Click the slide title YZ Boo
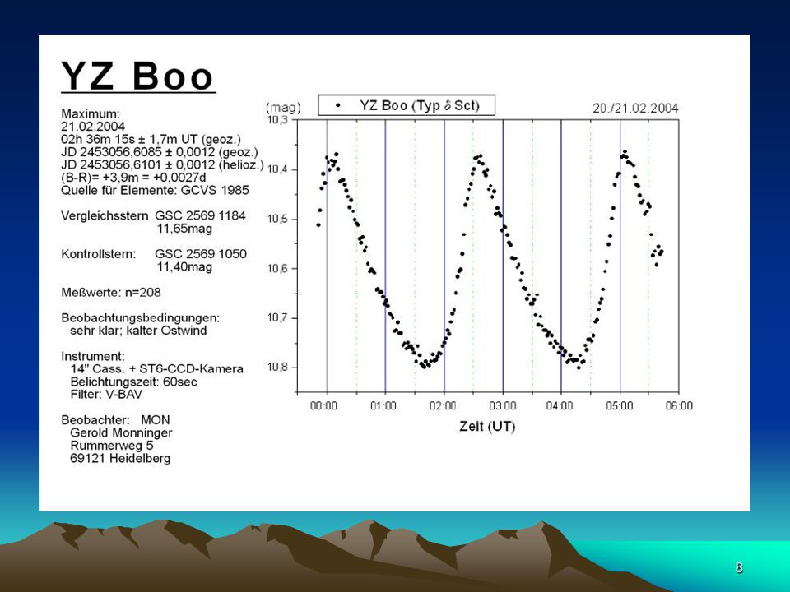[138, 76]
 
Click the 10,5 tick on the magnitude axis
[276, 219]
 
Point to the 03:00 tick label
[502, 405]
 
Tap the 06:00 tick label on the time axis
[679, 405]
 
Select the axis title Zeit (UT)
[486, 427]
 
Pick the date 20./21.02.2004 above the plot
[635, 109]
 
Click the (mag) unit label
[283, 107]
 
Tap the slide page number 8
[739, 567]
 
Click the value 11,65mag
[184, 229]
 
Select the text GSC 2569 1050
[201, 254]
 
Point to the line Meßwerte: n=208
[111, 292]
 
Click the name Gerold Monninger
[121, 433]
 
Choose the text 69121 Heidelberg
[120, 459]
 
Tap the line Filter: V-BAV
[106, 394]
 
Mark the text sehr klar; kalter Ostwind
[138, 331]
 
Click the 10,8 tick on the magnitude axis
[276, 367]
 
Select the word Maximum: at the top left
[91, 113]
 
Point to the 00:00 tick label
[323, 405]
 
